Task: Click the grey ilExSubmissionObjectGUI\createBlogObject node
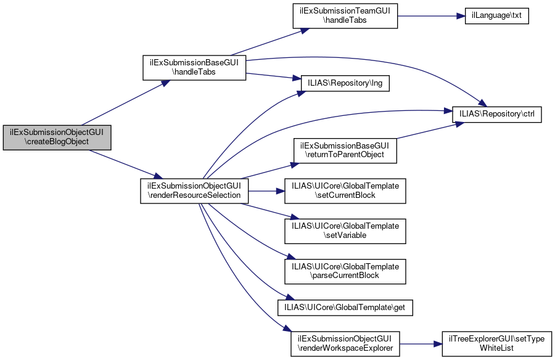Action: tap(57, 137)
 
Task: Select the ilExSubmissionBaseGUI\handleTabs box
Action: tap(194, 67)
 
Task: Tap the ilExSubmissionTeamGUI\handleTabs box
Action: tap(345, 16)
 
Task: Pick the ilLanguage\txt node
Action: tap(496, 16)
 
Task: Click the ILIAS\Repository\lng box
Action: tap(345, 83)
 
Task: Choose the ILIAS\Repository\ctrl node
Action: tap(497, 114)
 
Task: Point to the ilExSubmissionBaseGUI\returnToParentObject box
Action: tap(345, 150)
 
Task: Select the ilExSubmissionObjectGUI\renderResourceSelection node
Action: tap(194, 191)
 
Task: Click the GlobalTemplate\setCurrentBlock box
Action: tap(345, 191)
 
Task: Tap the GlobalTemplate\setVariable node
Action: tap(345, 231)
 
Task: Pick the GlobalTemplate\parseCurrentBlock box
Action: tap(345, 271)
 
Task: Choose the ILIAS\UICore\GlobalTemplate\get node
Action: tap(345, 308)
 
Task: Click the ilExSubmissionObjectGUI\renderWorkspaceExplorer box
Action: tap(345, 344)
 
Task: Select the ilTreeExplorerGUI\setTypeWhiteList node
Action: tap(497, 344)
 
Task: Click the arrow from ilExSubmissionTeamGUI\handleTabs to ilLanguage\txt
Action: tap(431, 16)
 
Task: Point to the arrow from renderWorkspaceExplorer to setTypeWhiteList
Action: tap(421, 344)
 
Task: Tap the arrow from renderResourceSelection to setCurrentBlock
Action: tap(266, 191)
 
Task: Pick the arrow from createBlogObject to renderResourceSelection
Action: tap(126, 164)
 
